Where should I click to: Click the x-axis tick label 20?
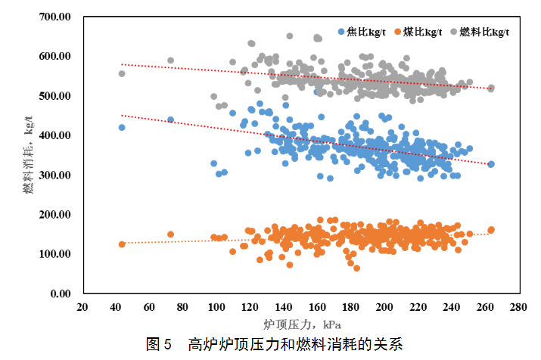coord(83,308)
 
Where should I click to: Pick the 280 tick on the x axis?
coord(518,308)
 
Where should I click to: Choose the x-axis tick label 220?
coord(418,308)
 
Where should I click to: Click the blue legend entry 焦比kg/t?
coord(361,33)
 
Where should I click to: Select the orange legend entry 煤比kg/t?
coord(418,33)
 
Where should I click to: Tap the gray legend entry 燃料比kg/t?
coord(480,33)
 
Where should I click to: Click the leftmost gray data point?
coord(122,73)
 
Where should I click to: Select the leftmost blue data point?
coord(122,127)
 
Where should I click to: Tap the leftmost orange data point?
coord(122,244)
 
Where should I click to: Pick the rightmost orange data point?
coord(491,230)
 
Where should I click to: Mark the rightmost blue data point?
coord(491,164)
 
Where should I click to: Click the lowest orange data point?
coord(356,268)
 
